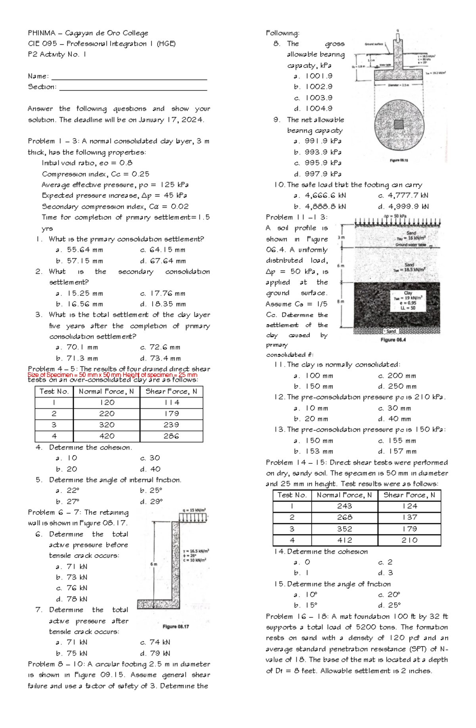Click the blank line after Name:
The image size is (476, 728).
(129, 79)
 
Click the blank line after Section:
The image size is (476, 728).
(133, 90)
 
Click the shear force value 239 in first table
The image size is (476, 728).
(171, 425)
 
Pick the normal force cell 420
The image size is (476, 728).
(107, 436)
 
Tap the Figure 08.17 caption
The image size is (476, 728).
(176, 626)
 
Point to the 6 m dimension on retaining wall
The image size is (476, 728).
(154, 564)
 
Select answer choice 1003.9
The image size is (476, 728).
(319, 98)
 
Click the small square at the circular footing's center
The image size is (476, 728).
(398, 125)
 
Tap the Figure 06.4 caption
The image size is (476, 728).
(393, 340)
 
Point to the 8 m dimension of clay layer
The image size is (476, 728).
(340, 302)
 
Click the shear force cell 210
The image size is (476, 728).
(409, 540)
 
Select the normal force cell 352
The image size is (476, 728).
(345, 529)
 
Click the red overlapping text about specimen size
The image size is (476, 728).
(112, 375)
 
